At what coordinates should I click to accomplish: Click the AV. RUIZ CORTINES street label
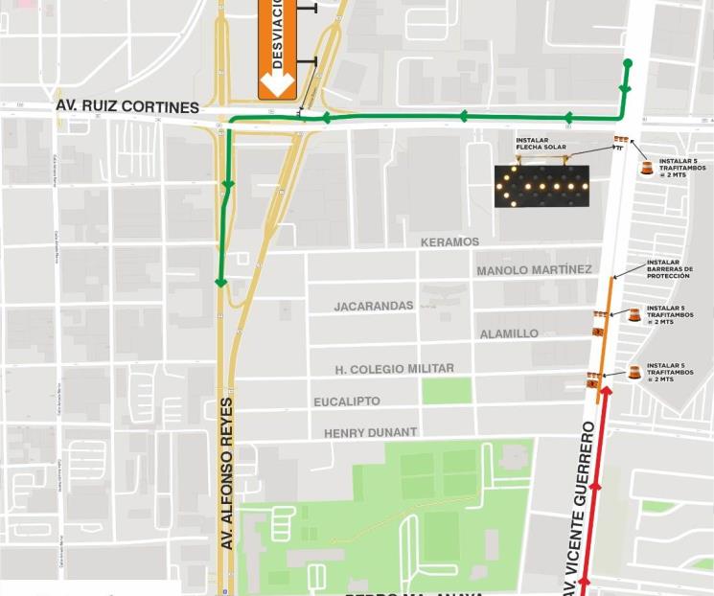[x=127, y=106]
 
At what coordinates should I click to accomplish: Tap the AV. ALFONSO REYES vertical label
[x=227, y=473]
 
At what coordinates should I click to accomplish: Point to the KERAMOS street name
[x=449, y=242]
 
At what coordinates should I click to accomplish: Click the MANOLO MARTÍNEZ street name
[x=534, y=270]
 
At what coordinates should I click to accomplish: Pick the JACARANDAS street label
[x=374, y=307]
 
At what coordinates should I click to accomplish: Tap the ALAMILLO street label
[x=509, y=333]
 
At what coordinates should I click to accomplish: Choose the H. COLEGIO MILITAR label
[x=395, y=369]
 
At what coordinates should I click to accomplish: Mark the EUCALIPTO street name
[x=347, y=401]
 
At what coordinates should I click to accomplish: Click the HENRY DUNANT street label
[x=370, y=433]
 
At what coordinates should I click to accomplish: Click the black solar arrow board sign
[x=541, y=186]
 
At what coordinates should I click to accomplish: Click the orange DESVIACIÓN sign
[x=277, y=48]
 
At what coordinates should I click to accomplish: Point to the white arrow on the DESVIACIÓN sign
[x=277, y=85]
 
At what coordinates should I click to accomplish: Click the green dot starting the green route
[x=628, y=64]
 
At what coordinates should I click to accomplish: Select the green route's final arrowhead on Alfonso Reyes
[x=221, y=282]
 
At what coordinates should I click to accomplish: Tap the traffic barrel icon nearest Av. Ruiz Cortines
[x=647, y=168]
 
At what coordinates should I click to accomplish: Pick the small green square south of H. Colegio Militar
[x=447, y=391]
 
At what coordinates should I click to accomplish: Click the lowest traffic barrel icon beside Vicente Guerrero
[x=633, y=373]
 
